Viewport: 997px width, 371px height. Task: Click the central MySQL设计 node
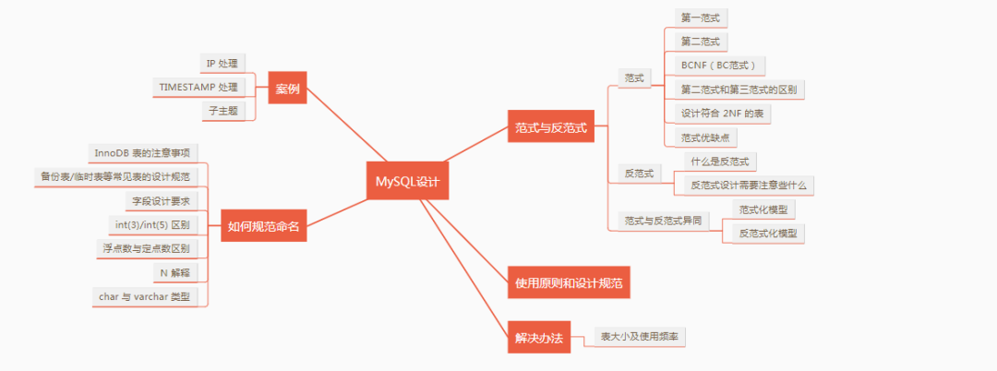[407, 181]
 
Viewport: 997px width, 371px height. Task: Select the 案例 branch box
[286, 89]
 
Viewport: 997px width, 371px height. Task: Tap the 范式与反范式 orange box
[551, 127]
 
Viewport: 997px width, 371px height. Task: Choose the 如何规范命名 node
[264, 224]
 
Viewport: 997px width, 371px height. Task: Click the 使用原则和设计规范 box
[569, 281]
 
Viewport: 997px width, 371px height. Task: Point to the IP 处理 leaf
[222, 63]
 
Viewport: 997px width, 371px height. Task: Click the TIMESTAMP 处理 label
[198, 87]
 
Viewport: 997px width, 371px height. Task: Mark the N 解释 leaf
[174, 272]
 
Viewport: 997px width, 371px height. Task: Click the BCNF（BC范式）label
[718, 66]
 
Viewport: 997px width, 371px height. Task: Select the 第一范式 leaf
[699, 18]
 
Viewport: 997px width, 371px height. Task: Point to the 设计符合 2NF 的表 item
[724, 113]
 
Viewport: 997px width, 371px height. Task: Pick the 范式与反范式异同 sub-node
[663, 221]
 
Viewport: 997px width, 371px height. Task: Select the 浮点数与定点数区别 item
[145, 248]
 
